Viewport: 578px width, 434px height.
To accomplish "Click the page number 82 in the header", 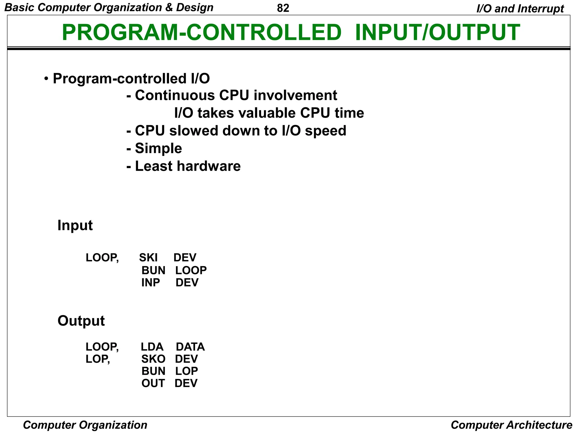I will point(283,8).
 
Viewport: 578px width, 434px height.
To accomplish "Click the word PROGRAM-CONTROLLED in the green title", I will point(202,32).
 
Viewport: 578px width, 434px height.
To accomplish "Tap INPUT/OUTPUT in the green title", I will point(437,32).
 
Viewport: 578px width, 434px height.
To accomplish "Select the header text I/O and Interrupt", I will point(520,9).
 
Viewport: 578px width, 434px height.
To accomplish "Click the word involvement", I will point(295,95).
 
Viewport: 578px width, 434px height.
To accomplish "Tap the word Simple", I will point(158,149).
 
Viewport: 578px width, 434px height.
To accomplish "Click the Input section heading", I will point(75,225).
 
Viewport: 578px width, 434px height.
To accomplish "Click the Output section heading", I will point(81,321).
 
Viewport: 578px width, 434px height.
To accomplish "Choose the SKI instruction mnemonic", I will point(148,258).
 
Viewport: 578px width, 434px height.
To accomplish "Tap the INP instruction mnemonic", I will point(150,283).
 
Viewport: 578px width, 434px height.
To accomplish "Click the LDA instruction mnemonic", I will point(152,347).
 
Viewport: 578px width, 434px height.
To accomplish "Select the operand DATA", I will point(190,347).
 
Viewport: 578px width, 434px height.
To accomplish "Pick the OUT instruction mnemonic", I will point(153,383).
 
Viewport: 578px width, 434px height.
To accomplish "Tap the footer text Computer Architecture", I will point(511,425).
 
